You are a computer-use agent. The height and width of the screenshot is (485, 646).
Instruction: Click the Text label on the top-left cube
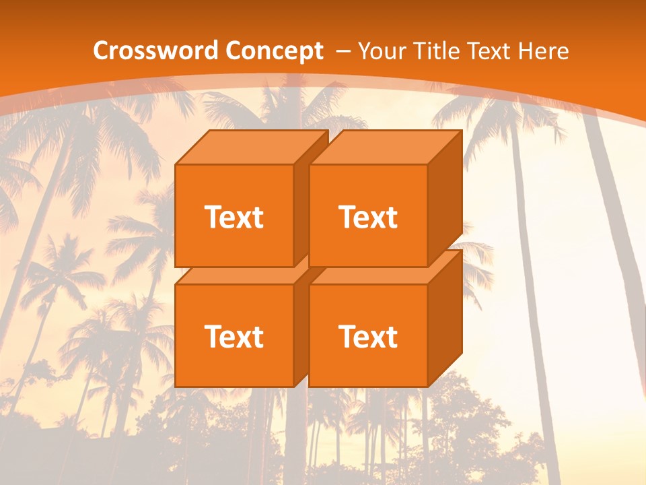pos(234,218)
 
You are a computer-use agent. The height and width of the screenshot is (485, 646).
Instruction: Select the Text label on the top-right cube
pos(368,218)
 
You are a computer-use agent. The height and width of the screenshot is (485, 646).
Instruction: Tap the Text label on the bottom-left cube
pos(234,336)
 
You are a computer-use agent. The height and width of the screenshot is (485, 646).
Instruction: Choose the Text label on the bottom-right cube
pos(368,336)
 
